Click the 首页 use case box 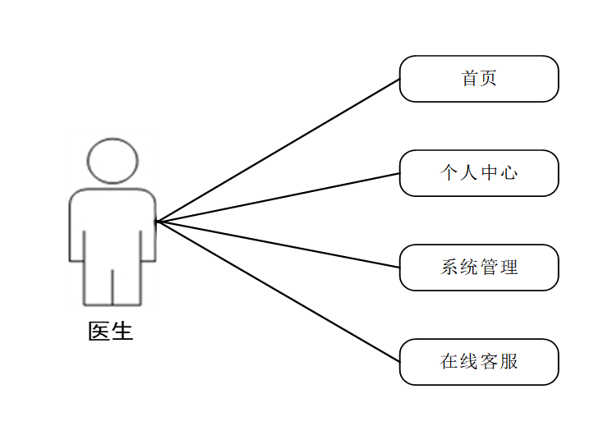pos(479,79)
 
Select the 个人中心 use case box pos(479,173)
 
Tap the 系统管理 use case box pos(479,268)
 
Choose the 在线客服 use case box pos(479,362)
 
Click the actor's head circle pos(113,161)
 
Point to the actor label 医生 pos(111,332)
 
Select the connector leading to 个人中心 pos(279,197)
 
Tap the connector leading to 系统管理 pos(279,245)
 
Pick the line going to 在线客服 pos(279,292)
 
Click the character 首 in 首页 pos(470,79)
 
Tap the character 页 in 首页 pos(489,79)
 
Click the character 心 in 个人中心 pos(509,173)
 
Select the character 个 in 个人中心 pos(449,173)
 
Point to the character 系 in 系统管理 pos(449,268)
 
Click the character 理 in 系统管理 pos(509,268)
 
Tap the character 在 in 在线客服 pos(449,362)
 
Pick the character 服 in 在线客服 pos(509,362)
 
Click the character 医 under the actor pos(99,332)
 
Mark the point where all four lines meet pos(157,222)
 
